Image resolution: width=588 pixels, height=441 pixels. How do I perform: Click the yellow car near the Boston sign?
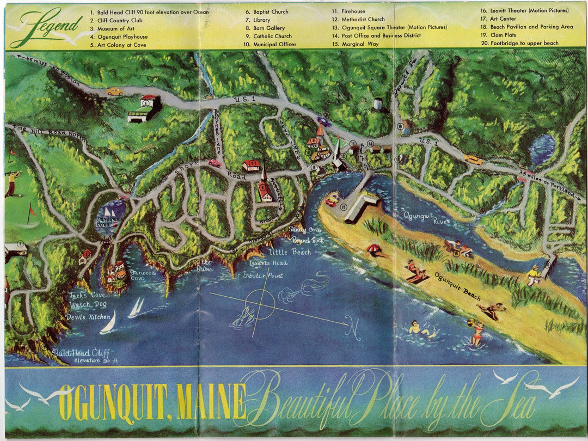[114, 91]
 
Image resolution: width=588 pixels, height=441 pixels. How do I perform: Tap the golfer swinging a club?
[12, 183]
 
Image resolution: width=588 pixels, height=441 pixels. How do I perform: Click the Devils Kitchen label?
[88, 317]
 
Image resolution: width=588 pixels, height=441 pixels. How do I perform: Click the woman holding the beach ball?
[476, 333]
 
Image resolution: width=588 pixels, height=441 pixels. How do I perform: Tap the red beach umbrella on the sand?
[374, 249]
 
